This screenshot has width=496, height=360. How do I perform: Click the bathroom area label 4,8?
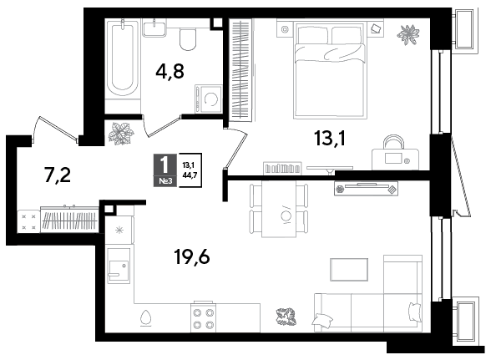pos(170,71)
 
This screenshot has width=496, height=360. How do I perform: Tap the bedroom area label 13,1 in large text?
pos(330,139)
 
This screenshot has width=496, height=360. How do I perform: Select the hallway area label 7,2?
pos(58,175)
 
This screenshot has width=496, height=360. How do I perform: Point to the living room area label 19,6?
pos(192,256)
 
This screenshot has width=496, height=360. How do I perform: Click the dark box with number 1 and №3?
pos(164,170)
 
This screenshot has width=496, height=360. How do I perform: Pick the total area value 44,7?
pos(190,175)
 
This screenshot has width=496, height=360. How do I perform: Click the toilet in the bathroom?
pos(188,39)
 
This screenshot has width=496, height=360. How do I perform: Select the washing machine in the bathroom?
pos(209,99)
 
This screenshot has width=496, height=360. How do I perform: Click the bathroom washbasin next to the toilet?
pos(154,28)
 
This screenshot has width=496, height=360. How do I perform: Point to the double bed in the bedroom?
pos(330,69)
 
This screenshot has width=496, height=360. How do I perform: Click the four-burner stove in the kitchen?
pos(204,318)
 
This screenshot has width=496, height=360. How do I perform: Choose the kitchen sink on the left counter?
pos(119,266)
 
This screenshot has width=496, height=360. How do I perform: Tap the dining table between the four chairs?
pos(279,209)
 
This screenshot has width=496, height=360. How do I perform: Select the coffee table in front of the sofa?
pos(349,269)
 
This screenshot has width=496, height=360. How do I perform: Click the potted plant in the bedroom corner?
pos(408,34)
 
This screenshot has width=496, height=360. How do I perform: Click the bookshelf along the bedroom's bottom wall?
pos(282,168)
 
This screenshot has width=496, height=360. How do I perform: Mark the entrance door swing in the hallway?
pos(55,130)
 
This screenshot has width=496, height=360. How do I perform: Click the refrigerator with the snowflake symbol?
pos(119,230)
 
